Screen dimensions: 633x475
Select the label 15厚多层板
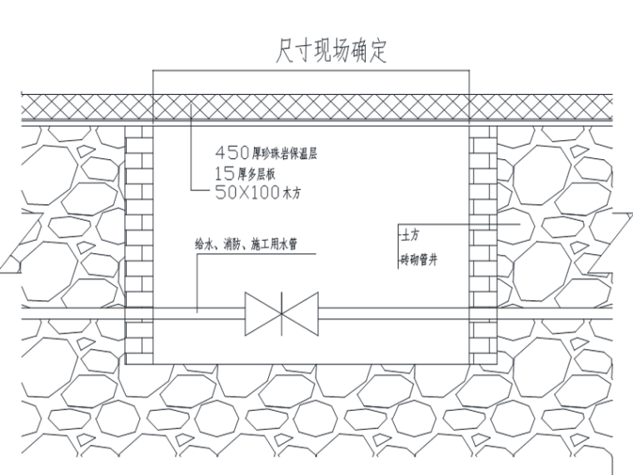tap(247, 174)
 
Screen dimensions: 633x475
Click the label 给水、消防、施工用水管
tap(247, 244)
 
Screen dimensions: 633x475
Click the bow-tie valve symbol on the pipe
tap(281, 315)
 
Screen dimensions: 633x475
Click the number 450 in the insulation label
tap(232, 153)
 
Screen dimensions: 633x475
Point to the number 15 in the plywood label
tap(222, 174)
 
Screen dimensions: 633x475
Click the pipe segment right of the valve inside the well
tap(391, 314)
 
